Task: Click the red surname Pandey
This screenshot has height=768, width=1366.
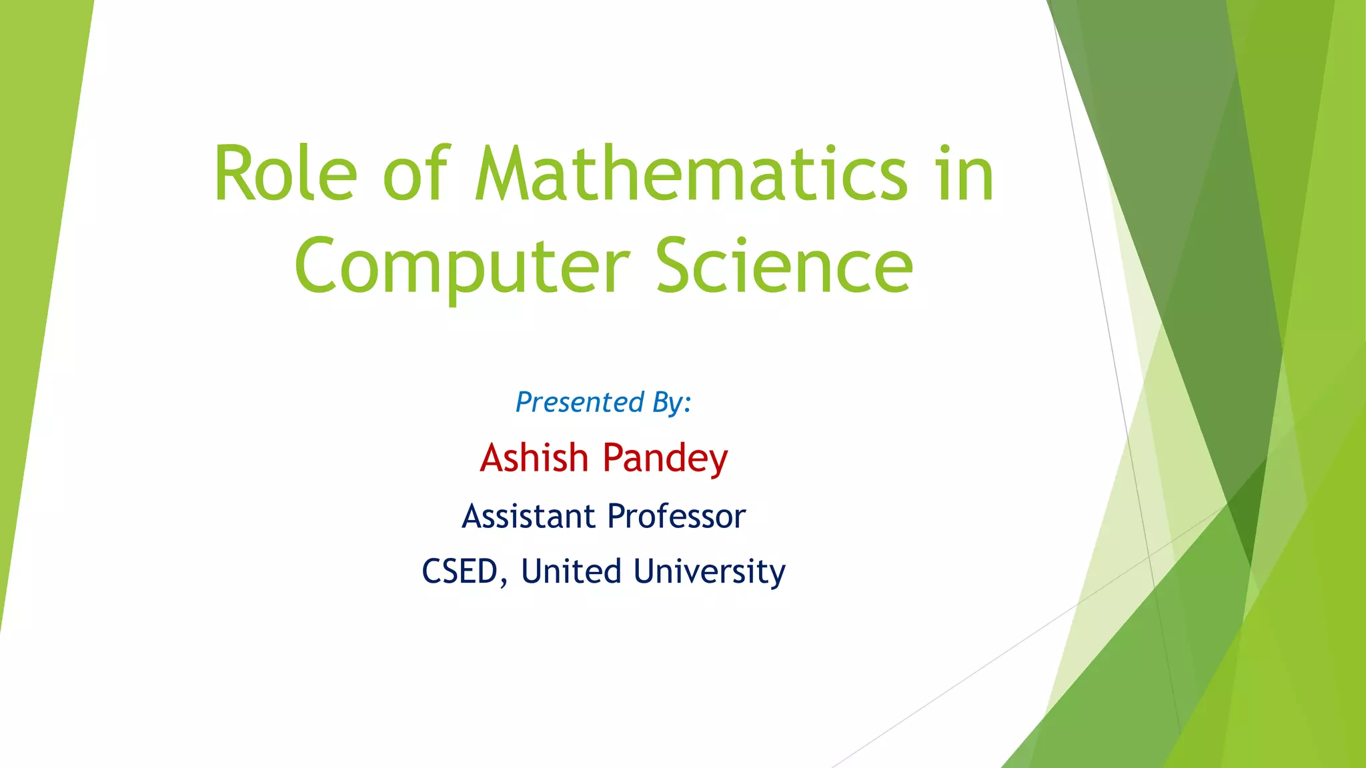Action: [665, 459]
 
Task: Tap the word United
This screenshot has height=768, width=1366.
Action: [571, 571]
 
